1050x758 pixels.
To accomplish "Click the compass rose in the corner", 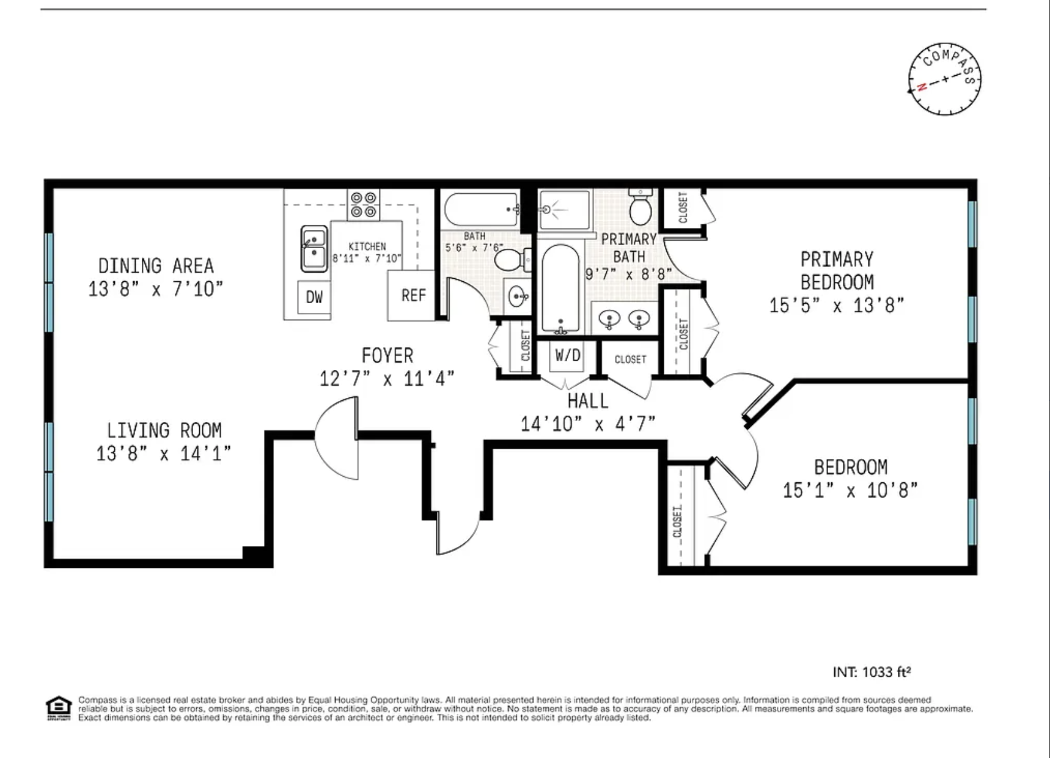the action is click(x=944, y=79).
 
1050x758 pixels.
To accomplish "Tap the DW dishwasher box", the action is click(x=314, y=297).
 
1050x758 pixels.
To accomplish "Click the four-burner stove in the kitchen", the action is click(x=363, y=205).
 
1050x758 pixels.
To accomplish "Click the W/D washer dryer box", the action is click(x=568, y=355).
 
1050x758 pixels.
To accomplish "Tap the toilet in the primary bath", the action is click(x=641, y=207).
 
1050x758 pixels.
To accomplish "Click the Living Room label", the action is click(x=164, y=430).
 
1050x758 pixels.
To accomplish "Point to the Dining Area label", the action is click(x=156, y=266).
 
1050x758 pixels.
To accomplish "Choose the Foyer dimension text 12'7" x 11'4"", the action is click(x=387, y=379).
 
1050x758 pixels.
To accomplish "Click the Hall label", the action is click(x=588, y=401).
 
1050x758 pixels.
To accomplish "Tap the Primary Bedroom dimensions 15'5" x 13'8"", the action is click(x=836, y=305).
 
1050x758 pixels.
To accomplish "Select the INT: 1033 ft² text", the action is click(x=872, y=672).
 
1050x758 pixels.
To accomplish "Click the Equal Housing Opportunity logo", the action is click(x=59, y=708).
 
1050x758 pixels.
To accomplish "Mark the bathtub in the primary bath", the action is click(x=560, y=289).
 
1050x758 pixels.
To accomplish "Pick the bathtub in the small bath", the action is click(x=482, y=210).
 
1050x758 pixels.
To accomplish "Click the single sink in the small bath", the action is click(x=518, y=298).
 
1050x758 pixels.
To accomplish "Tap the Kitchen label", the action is click(x=367, y=246).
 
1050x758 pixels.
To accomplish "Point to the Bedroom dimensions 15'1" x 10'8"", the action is click(x=850, y=490).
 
